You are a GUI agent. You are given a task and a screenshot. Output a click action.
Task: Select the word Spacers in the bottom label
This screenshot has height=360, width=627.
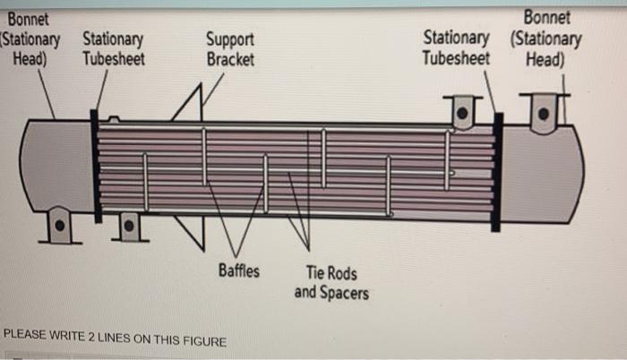coord(343,292)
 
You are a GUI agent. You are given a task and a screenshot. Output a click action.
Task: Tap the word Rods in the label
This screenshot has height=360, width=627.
coord(340,273)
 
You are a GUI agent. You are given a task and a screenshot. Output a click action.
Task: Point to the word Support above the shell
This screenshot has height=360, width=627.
coord(230,40)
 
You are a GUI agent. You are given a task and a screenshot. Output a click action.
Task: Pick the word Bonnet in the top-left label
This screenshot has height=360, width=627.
coord(25,19)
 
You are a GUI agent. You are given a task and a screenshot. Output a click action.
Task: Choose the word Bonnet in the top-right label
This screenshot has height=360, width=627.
coord(546,19)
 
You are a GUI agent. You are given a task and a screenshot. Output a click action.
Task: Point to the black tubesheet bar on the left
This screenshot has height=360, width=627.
coord(94,167)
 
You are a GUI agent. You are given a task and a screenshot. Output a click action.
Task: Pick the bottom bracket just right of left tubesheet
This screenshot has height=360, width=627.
coord(129,227)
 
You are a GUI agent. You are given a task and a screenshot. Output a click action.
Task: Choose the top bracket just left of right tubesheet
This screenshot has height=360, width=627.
coord(461,112)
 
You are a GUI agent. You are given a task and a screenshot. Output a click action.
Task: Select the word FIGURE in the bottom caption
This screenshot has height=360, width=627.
coord(203,340)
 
